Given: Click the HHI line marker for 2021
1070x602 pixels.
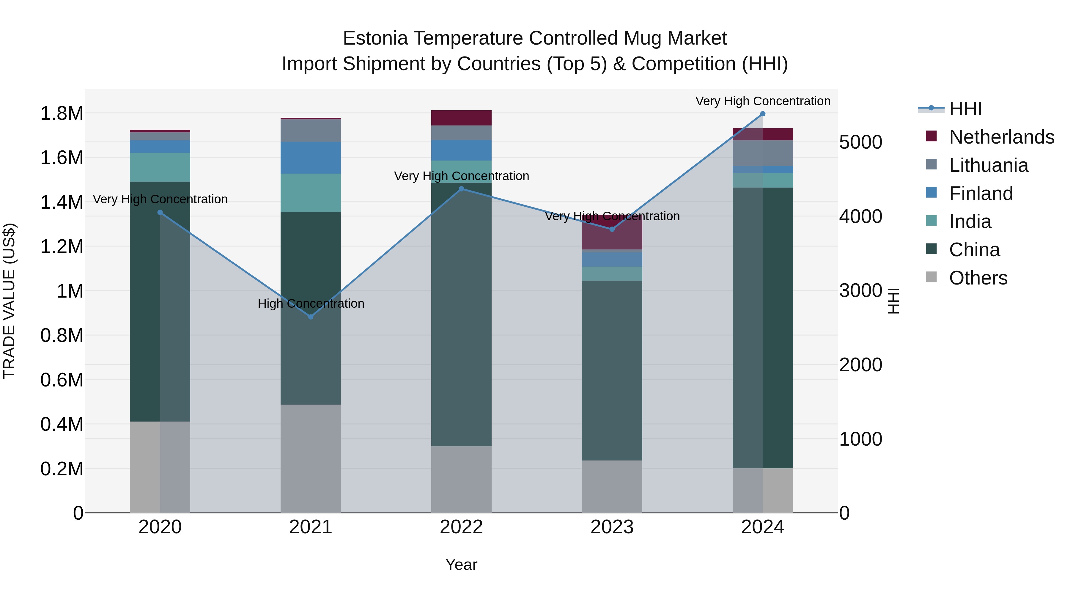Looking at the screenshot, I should point(311,317).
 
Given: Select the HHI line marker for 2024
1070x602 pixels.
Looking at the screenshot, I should point(763,114).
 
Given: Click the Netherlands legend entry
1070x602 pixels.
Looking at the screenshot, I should point(1001,137).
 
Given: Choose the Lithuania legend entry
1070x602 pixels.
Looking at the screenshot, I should point(989,165).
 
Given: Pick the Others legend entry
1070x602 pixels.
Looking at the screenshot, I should point(978,278).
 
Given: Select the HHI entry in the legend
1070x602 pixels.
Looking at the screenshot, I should point(966,109).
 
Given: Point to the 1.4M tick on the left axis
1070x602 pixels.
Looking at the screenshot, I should point(62,202).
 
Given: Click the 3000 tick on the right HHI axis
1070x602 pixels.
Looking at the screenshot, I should point(860,290).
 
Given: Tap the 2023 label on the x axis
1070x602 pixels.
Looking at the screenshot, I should point(612,527).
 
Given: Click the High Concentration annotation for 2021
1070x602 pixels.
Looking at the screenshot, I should point(311,304).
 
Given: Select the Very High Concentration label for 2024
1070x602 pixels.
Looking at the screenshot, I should point(763,101).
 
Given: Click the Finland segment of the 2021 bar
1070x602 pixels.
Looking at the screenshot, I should point(311,158).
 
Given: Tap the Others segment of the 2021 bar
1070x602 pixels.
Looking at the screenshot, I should point(311,459).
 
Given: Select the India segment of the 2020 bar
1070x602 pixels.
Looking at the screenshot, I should point(160,167).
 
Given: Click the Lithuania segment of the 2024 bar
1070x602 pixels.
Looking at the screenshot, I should point(763,153).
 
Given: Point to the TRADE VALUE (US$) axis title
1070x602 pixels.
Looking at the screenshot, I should point(9,301).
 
